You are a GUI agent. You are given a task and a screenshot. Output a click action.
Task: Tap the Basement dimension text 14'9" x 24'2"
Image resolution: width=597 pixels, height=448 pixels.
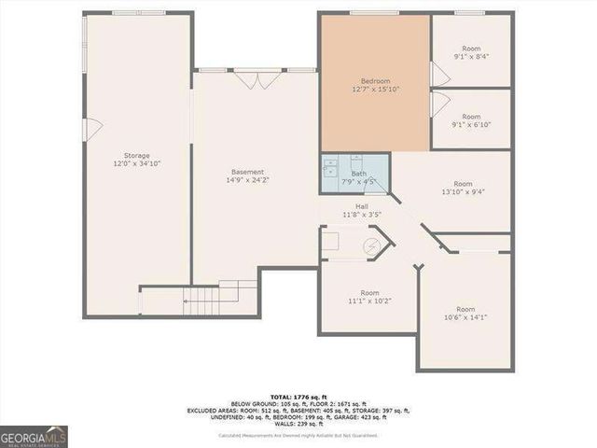coord(248,181)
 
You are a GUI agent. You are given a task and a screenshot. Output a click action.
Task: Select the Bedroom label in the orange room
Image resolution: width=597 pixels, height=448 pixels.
coord(375,82)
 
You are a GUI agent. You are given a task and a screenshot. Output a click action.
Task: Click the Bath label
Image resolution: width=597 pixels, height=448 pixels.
coord(358,174)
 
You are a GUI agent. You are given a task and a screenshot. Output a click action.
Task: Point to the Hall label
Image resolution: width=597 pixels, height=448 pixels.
coord(360,206)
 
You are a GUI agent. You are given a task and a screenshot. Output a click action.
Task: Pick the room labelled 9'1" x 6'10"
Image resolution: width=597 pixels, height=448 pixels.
coord(471,117)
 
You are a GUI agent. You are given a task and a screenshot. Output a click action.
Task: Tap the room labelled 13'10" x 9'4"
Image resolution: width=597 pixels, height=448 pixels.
coord(463,189)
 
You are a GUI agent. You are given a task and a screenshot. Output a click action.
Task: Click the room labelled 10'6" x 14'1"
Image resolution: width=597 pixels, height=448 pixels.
coord(465,314)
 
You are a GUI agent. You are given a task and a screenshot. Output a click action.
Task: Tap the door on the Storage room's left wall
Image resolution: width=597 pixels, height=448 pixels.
coord(88,128)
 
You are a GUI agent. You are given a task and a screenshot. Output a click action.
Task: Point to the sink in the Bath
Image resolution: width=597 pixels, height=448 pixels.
coord(330,169)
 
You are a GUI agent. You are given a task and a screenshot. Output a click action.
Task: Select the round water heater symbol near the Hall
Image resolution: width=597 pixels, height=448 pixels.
coord(370,245)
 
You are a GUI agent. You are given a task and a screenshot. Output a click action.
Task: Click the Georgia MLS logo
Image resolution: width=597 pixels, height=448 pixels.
coord(32,436)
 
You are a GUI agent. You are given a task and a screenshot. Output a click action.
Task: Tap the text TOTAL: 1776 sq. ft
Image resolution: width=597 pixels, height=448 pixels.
coord(312,396)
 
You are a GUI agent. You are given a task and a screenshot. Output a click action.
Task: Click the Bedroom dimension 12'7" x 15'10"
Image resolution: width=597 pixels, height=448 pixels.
coord(375,91)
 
